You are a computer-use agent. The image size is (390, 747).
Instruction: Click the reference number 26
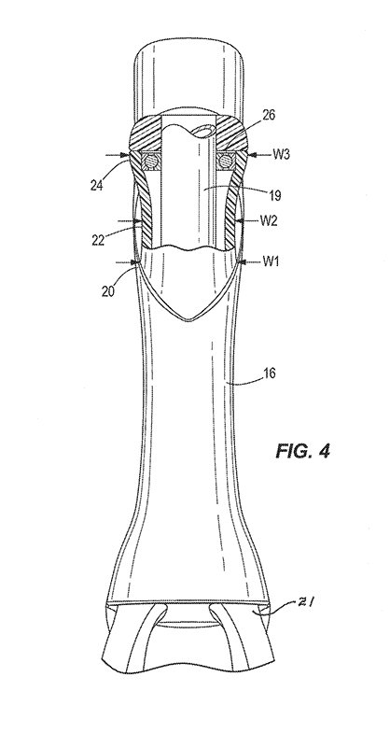[269, 115]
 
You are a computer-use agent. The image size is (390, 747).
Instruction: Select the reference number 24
[97, 184]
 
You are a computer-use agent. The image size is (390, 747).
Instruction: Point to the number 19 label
[274, 195]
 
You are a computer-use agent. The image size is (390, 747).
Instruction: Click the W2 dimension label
[270, 220]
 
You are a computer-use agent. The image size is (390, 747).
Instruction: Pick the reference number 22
[99, 239]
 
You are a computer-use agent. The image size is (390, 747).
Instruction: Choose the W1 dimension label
[271, 261]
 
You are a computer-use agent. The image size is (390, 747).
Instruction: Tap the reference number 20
[108, 290]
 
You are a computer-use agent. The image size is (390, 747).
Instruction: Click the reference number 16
[269, 373]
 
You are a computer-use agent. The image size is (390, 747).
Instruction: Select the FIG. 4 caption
[302, 451]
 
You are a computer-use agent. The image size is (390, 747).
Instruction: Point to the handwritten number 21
[305, 602]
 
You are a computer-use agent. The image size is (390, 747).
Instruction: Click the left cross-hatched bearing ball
[150, 161]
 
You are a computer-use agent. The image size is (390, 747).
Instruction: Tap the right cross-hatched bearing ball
[223, 161]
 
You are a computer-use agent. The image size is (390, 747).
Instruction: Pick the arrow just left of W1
[250, 261]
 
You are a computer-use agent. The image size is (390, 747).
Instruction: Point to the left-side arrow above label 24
[118, 154]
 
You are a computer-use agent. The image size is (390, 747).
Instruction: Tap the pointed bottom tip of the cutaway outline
[189, 320]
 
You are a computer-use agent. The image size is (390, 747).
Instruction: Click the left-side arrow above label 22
[130, 220]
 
